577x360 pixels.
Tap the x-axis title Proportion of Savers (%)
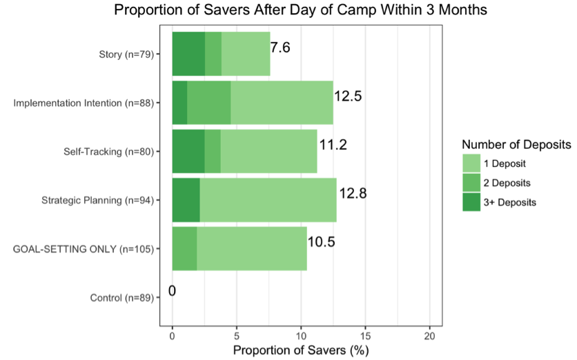pos(300,349)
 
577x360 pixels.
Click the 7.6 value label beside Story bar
pos(280,48)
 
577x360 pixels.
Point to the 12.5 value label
pos(348,97)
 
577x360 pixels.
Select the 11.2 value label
pos(332,145)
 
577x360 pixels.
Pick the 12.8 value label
pos(352,194)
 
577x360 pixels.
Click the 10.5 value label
pos(321,242)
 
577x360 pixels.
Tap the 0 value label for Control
pos(172,291)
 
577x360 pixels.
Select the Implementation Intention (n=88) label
pos(84,103)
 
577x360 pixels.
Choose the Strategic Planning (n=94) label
pos(97,201)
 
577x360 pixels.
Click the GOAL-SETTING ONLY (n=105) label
pos(84,249)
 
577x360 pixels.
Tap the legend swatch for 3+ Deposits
pos(471,202)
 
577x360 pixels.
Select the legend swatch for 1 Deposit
pos(471,163)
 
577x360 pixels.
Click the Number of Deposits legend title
pos(516,145)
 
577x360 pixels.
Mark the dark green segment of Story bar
pos(188,54)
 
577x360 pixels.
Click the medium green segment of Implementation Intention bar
pos(208,102)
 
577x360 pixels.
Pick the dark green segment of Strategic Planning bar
pos(186,200)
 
